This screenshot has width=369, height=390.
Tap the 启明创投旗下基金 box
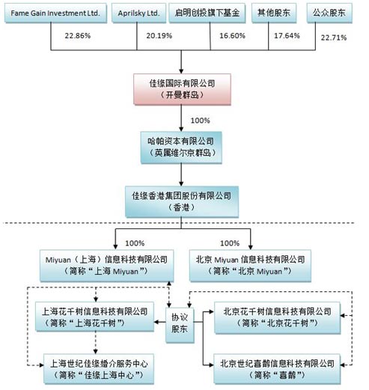212,13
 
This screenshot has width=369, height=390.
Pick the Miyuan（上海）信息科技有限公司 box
115,264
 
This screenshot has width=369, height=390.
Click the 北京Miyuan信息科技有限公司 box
250,264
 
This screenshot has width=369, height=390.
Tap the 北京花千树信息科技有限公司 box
276,315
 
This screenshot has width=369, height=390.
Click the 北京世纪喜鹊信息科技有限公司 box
276,366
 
